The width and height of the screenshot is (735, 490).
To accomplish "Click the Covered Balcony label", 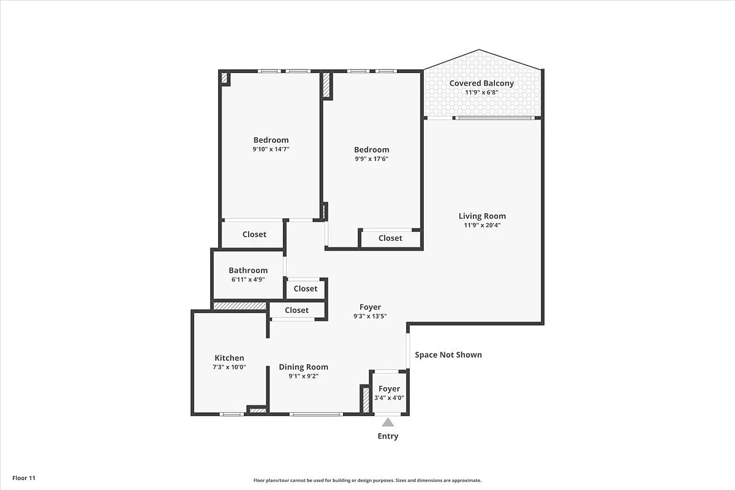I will (x=481, y=83).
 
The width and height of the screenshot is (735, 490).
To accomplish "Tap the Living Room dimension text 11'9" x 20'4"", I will (x=482, y=225).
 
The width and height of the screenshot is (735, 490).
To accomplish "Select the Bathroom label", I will (x=248, y=270).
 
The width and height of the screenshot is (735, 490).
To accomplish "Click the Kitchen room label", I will (x=229, y=358).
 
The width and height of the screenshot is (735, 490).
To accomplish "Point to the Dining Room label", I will (x=303, y=367).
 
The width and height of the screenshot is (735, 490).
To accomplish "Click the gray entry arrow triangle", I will (x=388, y=421).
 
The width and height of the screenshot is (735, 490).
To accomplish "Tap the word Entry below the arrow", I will (x=388, y=436).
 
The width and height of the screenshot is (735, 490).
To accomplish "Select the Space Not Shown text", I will (x=448, y=355).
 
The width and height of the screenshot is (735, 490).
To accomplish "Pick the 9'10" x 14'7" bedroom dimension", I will (x=271, y=149).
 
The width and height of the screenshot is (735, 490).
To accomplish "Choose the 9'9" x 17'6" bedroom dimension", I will (x=371, y=159).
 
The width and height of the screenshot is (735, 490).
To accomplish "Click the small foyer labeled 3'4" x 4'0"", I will (x=389, y=393).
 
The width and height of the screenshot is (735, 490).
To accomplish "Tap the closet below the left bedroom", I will (x=254, y=235).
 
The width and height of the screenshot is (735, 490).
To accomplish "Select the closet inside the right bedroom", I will (x=390, y=238).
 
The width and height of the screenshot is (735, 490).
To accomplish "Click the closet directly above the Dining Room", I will (x=296, y=311).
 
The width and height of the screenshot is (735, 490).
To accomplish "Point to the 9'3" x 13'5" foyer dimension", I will (x=370, y=317).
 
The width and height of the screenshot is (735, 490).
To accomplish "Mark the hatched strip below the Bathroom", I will (x=239, y=306).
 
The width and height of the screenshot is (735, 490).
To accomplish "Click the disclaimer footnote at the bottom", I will (x=367, y=481).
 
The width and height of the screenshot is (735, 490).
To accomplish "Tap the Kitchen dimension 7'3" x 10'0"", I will (x=229, y=367).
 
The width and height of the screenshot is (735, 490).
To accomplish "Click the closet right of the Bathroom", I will (x=305, y=288).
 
